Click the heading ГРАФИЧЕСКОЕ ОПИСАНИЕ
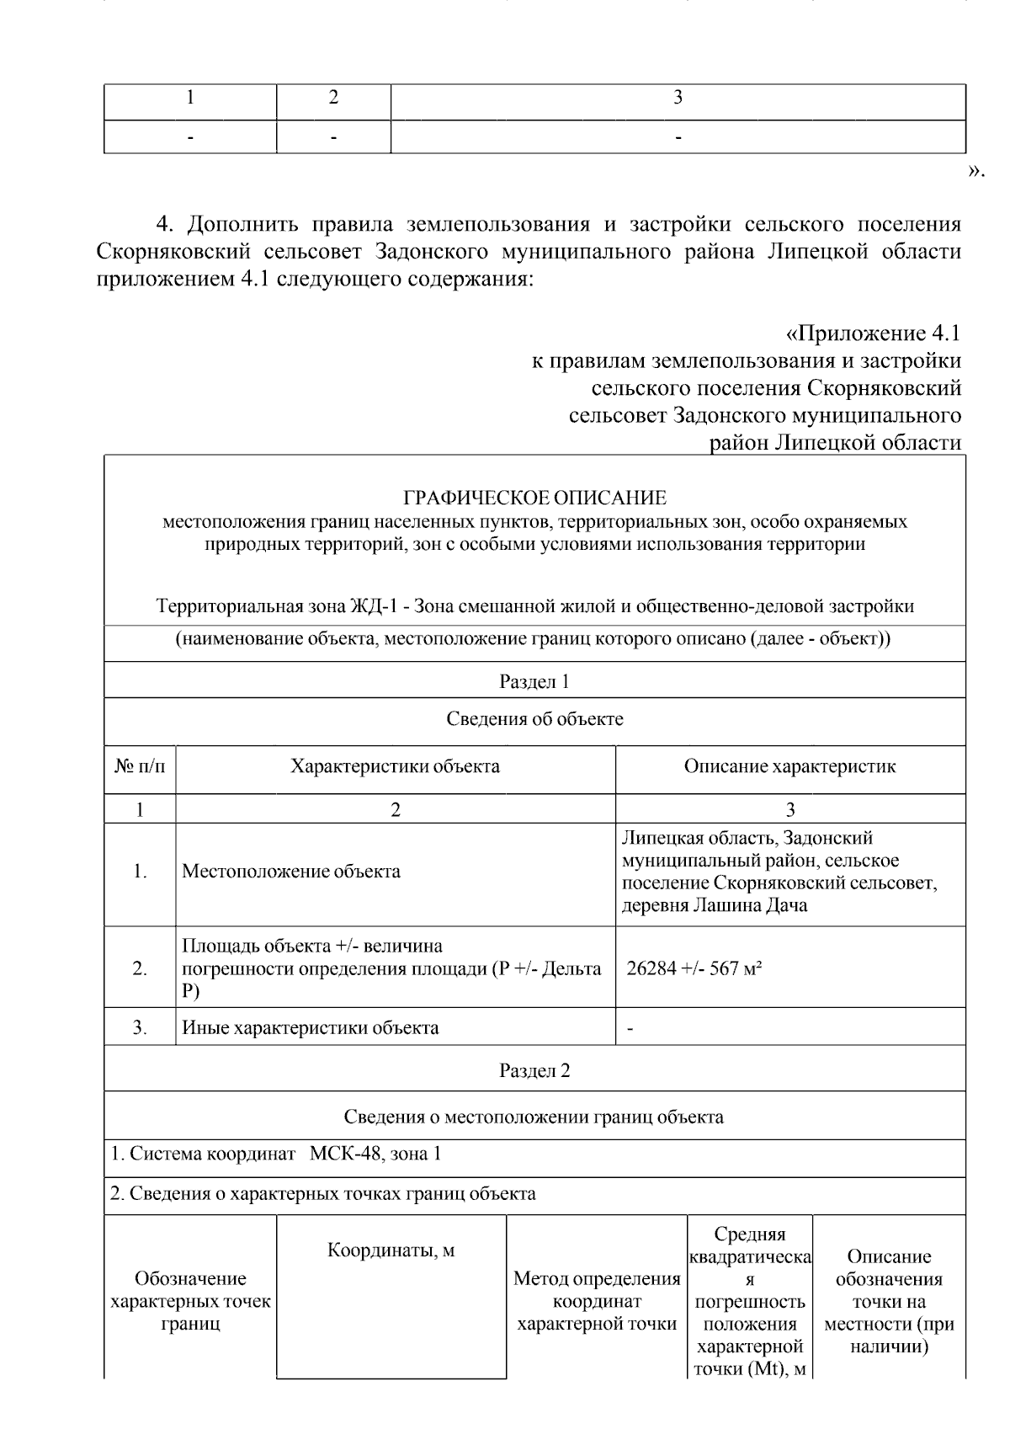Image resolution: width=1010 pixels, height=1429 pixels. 534,498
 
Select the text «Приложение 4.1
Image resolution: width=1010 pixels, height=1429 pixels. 872,333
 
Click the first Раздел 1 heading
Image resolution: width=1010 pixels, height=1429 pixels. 534,681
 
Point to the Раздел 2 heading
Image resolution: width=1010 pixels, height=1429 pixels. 534,1070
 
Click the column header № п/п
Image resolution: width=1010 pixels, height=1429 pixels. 140,766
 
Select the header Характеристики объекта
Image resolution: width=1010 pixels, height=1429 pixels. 395,766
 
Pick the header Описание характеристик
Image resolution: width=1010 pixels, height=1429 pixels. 789,766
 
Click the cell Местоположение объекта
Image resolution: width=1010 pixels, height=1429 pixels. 291,872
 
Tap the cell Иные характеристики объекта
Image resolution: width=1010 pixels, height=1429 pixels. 311,1027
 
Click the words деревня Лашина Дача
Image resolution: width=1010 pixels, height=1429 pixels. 714,906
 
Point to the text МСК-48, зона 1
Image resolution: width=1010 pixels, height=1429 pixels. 375,1154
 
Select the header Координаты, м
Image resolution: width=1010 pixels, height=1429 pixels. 391,1250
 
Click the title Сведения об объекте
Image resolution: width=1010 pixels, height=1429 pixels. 534,718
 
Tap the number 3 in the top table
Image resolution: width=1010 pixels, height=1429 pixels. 678,98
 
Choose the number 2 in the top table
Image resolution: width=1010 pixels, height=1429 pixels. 333,98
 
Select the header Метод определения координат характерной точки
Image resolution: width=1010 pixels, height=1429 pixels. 597,1301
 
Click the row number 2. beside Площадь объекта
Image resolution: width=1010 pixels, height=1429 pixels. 140,968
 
